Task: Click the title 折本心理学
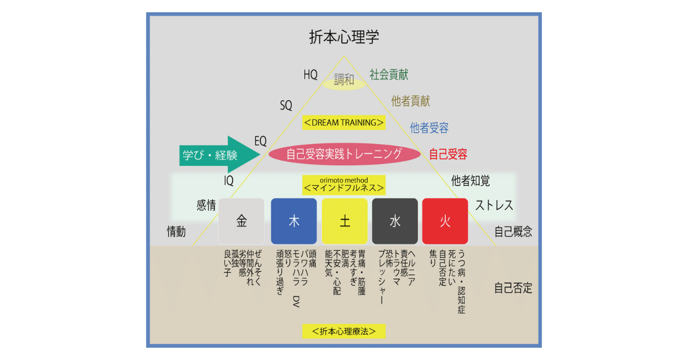344,37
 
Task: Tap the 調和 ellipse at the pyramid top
344,81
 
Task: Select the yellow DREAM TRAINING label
344,123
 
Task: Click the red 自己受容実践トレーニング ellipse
344,154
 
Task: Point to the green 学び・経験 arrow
218,155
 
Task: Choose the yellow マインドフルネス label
344,184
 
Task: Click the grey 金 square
241,221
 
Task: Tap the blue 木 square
293,221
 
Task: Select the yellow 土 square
345,221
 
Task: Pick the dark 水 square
395,221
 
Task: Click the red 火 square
445,221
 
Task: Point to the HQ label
311,75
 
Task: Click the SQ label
286,106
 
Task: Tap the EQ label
261,141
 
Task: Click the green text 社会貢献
389,74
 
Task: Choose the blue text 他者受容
429,128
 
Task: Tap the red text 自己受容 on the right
448,155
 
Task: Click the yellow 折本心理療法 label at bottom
344,331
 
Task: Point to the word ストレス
494,205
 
